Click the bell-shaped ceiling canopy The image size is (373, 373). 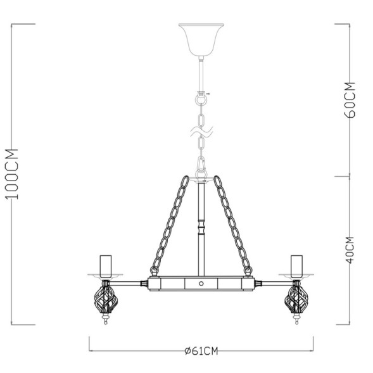tap(200, 39)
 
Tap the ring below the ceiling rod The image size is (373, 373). tap(201, 99)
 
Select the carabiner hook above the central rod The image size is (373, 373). tap(202, 166)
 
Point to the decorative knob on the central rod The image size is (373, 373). tap(201, 225)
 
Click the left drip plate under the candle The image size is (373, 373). tap(105, 274)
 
